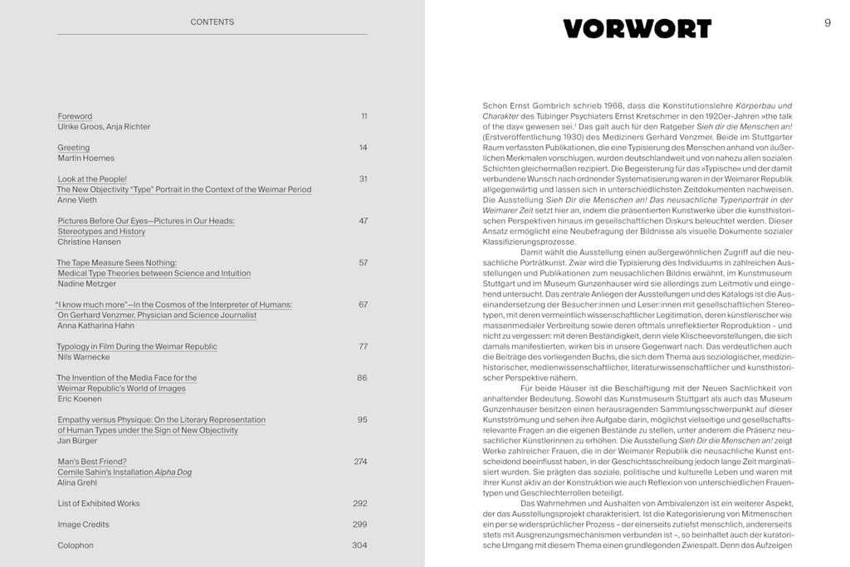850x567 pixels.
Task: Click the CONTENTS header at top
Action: click(x=212, y=22)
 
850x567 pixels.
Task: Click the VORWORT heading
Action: click(x=637, y=29)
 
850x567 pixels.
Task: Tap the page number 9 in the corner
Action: click(x=827, y=23)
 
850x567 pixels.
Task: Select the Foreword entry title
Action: click(x=75, y=116)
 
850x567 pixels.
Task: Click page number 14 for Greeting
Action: click(x=363, y=148)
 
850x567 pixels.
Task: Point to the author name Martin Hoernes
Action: click(x=86, y=158)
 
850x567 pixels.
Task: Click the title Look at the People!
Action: click(x=92, y=179)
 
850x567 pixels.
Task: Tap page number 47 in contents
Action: click(x=363, y=221)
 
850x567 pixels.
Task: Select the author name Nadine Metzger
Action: click(x=87, y=284)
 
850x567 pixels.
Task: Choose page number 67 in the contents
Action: click(x=363, y=305)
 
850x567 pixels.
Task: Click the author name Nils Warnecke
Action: click(x=85, y=357)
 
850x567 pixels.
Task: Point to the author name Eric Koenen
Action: click(x=81, y=398)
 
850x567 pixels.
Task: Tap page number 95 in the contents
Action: click(x=363, y=420)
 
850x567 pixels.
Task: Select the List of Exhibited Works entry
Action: click(x=99, y=503)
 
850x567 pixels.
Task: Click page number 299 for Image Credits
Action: click(x=359, y=525)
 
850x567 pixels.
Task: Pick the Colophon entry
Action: click(x=76, y=545)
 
